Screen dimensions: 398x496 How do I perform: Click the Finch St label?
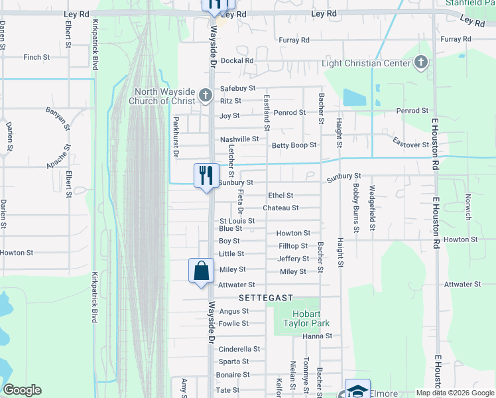pos(36,58)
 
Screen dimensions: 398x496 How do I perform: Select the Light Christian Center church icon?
pos(420,63)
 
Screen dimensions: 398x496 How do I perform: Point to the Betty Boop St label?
pos(294,145)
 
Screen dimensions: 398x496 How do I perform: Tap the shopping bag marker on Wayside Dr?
pos(201,271)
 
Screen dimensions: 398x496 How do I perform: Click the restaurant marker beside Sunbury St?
pos(206,176)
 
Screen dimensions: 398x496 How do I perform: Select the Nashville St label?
pos(239,139)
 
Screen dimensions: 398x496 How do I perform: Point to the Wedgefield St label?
pos(373,208)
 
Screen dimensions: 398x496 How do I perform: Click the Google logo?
pos(22,390)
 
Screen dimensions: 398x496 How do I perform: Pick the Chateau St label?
pos(280,208)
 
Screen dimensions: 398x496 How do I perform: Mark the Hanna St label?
pos(317,336)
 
